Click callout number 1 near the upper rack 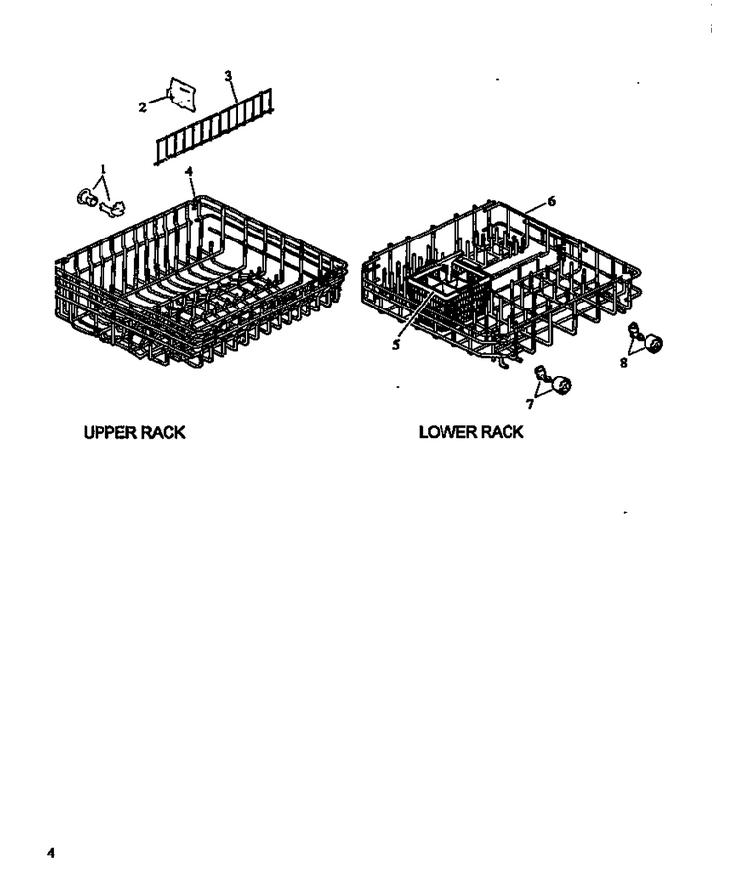103,169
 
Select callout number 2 142,106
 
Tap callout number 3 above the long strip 228,76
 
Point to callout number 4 189,171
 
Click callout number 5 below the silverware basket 396,344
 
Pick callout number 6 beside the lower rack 551,201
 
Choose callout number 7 530,404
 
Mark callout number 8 624,363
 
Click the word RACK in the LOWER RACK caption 501,432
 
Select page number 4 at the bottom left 51,853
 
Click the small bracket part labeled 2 181,94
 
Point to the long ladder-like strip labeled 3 214,126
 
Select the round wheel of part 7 561,385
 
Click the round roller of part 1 86,197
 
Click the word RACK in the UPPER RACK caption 163,432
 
